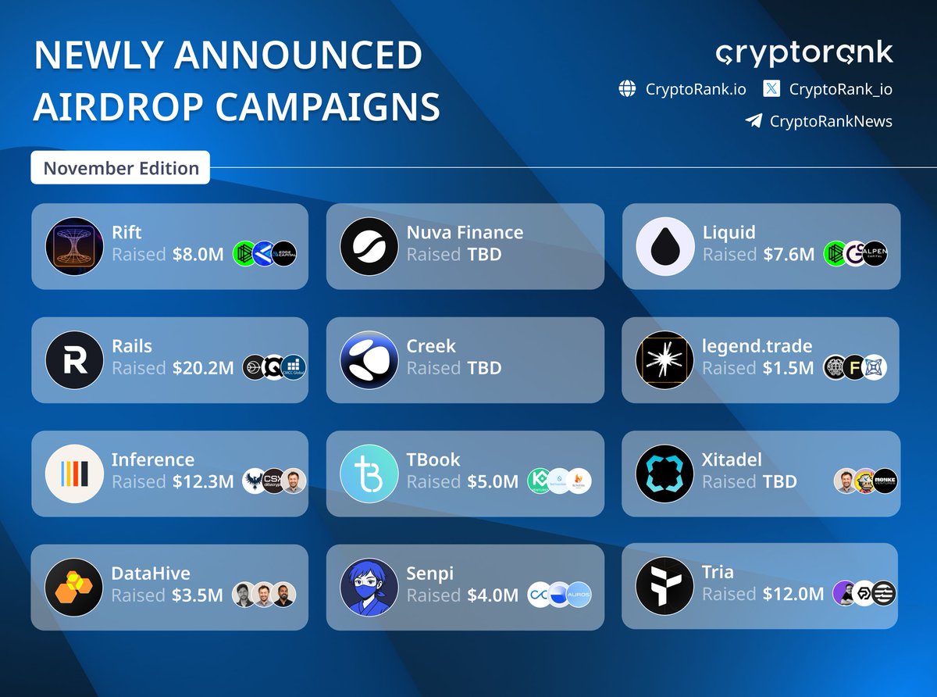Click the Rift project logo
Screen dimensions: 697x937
[74, 246]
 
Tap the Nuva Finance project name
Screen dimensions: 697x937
[465, 232]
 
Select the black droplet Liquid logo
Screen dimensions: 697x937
[664, 246]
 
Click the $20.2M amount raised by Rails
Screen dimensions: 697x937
[203, 368]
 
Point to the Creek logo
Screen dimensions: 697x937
[369, 360]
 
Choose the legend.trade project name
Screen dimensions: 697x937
[757, 345]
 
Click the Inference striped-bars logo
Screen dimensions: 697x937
[74, 474]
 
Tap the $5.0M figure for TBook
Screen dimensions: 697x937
[493, 482]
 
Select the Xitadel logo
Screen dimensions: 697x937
[664, 474]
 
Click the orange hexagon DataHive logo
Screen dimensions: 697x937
[74, 587]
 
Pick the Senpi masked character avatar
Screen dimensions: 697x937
[369, 587]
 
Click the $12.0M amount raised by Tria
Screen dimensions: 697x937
[793, 595]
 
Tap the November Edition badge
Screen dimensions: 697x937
[120, 168]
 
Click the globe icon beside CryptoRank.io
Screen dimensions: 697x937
[627, 89]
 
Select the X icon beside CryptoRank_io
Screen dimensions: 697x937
[771, 89]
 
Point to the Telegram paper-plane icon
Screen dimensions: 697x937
[753, 121]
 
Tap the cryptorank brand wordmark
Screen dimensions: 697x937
[803, 54]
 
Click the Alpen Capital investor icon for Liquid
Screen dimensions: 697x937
[875, 254]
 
